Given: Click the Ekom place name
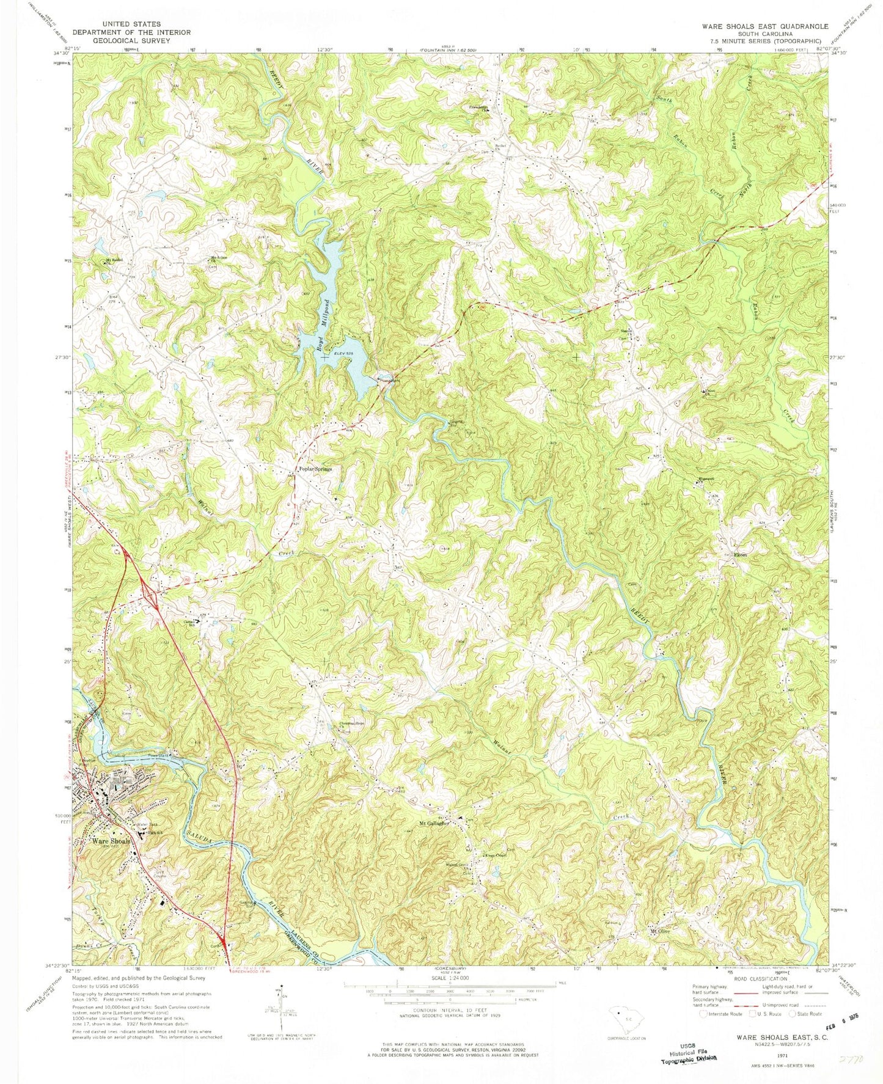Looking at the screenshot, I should [x=740, y=555].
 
